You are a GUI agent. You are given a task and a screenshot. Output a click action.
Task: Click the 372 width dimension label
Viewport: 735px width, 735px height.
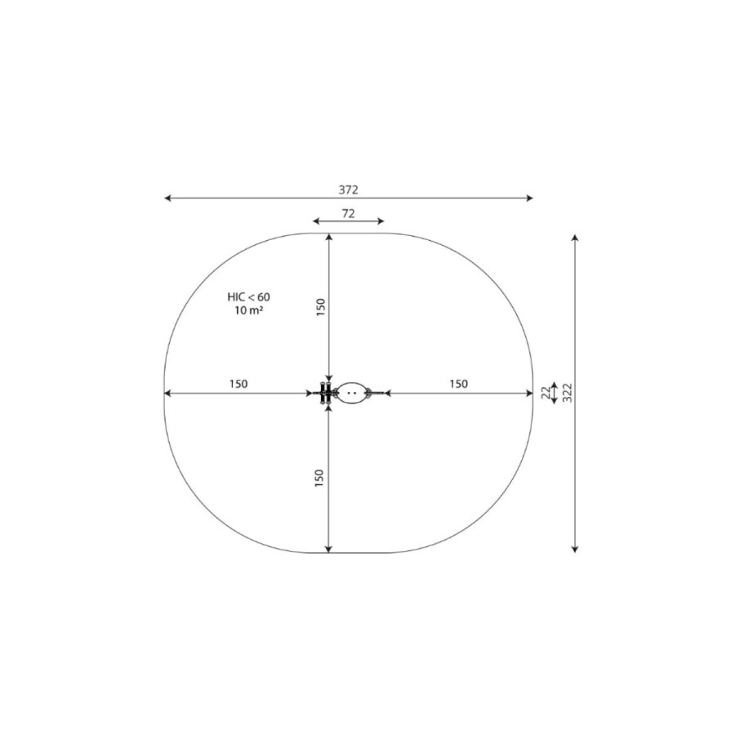click(348, 189)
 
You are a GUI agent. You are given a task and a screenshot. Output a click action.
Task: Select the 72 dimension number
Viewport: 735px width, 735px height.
click(348, 214)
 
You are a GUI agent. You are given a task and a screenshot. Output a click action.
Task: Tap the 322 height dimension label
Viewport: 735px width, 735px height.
click(568, 393)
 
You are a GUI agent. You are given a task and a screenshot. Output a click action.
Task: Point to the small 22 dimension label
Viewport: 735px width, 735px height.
click(546, 393)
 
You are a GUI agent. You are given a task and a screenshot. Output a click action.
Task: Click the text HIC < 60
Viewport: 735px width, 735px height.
click(248, 297)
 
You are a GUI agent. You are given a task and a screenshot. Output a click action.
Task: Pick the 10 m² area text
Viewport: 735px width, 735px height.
click(248, 310)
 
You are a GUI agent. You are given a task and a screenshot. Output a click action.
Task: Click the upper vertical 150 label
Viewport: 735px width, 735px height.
click(321, 308)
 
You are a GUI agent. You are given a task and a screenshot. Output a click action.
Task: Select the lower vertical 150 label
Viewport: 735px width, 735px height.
click(319, 478)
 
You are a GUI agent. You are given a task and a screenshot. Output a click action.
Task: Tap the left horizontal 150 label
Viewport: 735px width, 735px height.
click(238, 384)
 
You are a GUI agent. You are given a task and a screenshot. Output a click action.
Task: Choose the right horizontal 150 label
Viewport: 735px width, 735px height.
click(458, 384)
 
